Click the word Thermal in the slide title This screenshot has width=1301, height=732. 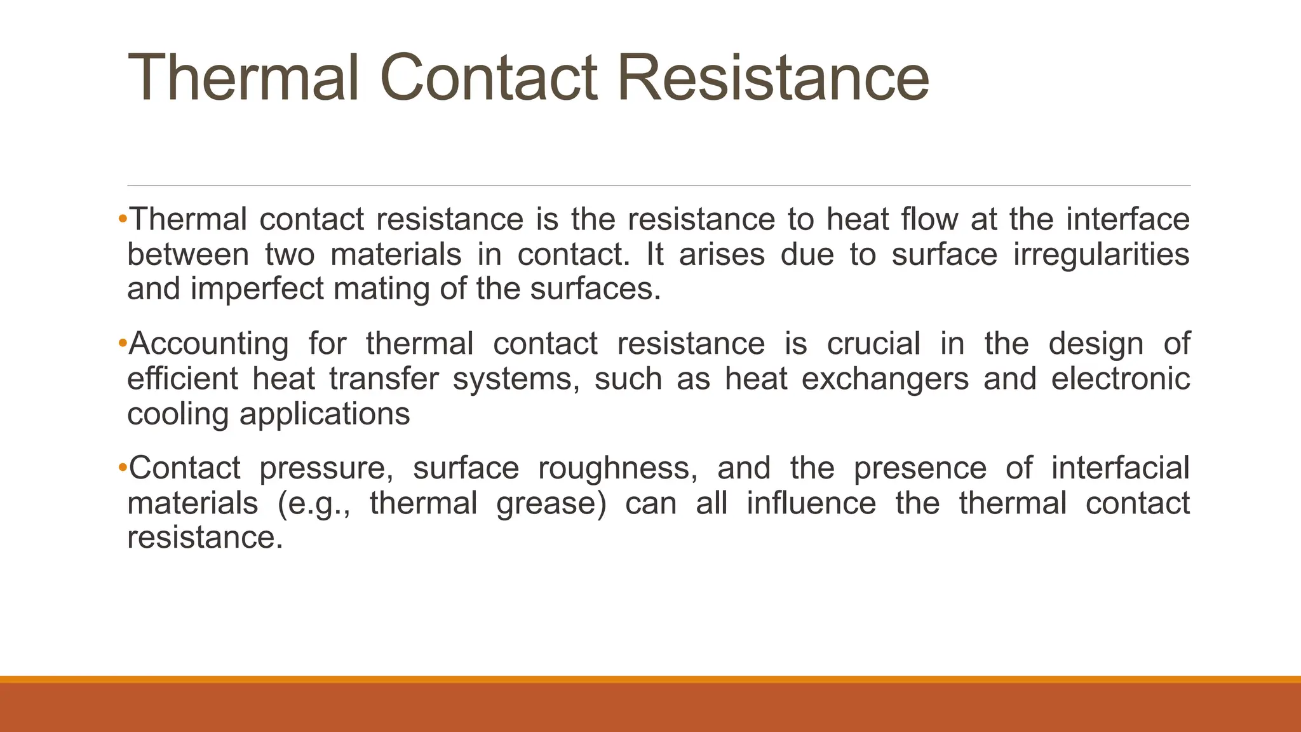point(243,78)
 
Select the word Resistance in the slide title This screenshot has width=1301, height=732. point(772,78)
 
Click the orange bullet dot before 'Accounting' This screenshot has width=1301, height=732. point(123,344)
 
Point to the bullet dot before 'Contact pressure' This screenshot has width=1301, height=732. point(123,468)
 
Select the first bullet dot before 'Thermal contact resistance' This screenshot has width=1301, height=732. point(123,219)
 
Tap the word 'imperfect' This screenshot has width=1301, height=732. point(257,289)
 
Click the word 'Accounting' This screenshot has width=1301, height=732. point(208,344)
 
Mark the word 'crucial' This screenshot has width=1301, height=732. point(873,344)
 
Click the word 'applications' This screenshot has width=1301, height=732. point(325,414)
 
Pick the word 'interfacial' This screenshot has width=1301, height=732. point(1121,468)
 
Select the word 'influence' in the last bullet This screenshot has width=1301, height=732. point(811,504)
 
